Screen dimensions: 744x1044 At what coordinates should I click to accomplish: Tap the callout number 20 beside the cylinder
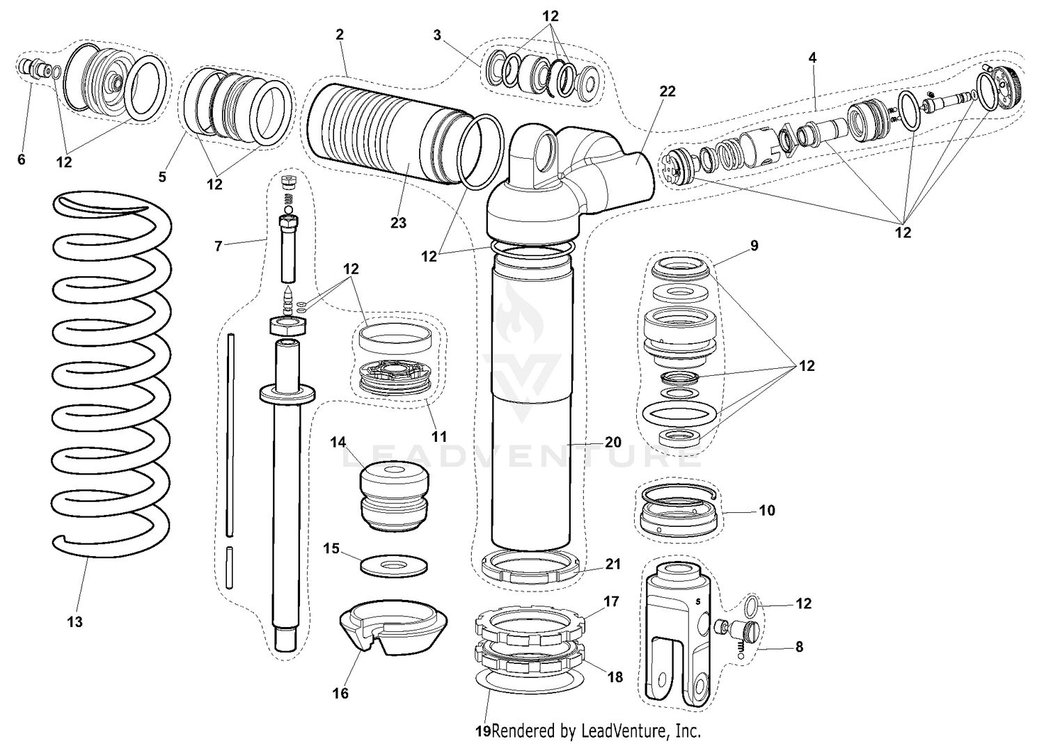[612, 443]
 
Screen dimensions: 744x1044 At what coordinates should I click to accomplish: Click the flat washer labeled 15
[394, 564]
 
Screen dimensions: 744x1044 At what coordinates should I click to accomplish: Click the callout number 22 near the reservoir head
[667, 91]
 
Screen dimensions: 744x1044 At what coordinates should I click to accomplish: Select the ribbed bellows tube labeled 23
[383, 139]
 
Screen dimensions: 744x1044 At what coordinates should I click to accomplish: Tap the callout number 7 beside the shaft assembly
[219, 246]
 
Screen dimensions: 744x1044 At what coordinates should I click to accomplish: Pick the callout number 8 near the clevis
[799, 647]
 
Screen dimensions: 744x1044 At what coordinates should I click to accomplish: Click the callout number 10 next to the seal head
[766, 510]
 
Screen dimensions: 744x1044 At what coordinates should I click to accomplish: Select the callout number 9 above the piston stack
[754, 246]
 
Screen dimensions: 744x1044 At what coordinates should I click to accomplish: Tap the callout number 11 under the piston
[438, 437]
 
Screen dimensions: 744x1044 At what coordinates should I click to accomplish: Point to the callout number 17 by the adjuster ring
[611, 601]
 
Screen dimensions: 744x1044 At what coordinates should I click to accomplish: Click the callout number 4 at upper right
[812, 58]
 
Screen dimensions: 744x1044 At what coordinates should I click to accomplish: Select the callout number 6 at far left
[21, 159]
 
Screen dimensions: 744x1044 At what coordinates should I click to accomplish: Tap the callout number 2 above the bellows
[340, 34]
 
